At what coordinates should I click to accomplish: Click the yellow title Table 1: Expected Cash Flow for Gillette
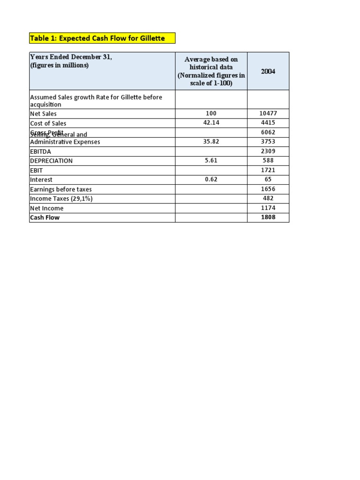tap(97, 38)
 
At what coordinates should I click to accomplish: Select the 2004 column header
tap(268, 71)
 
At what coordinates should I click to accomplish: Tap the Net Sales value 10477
tap(268, 113)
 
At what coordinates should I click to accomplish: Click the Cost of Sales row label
tap(48, 123)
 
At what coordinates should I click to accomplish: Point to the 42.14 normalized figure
tap(211, 123)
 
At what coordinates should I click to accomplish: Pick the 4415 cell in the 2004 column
tap(268, 123)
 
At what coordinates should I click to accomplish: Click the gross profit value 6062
tap(268, 133)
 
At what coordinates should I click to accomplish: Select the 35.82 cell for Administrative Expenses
tap(211, 142)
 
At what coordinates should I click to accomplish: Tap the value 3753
tap(268, 142)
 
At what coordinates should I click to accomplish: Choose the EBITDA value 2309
tap(268, 151)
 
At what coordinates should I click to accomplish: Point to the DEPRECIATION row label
tap(52, 161)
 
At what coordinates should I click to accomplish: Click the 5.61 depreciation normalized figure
tap(211, 160)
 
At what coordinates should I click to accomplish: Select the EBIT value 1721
tap(268, 170)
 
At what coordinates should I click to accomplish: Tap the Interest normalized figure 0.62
tap(211, 180)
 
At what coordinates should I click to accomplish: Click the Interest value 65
tap(268, 180)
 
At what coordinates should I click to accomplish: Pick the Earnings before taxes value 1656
tap(268, 189)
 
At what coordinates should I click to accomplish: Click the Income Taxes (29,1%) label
tap(61, 199)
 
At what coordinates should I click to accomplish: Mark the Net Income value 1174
tap(268, 208)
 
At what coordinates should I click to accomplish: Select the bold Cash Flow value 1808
tap(268, 217)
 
